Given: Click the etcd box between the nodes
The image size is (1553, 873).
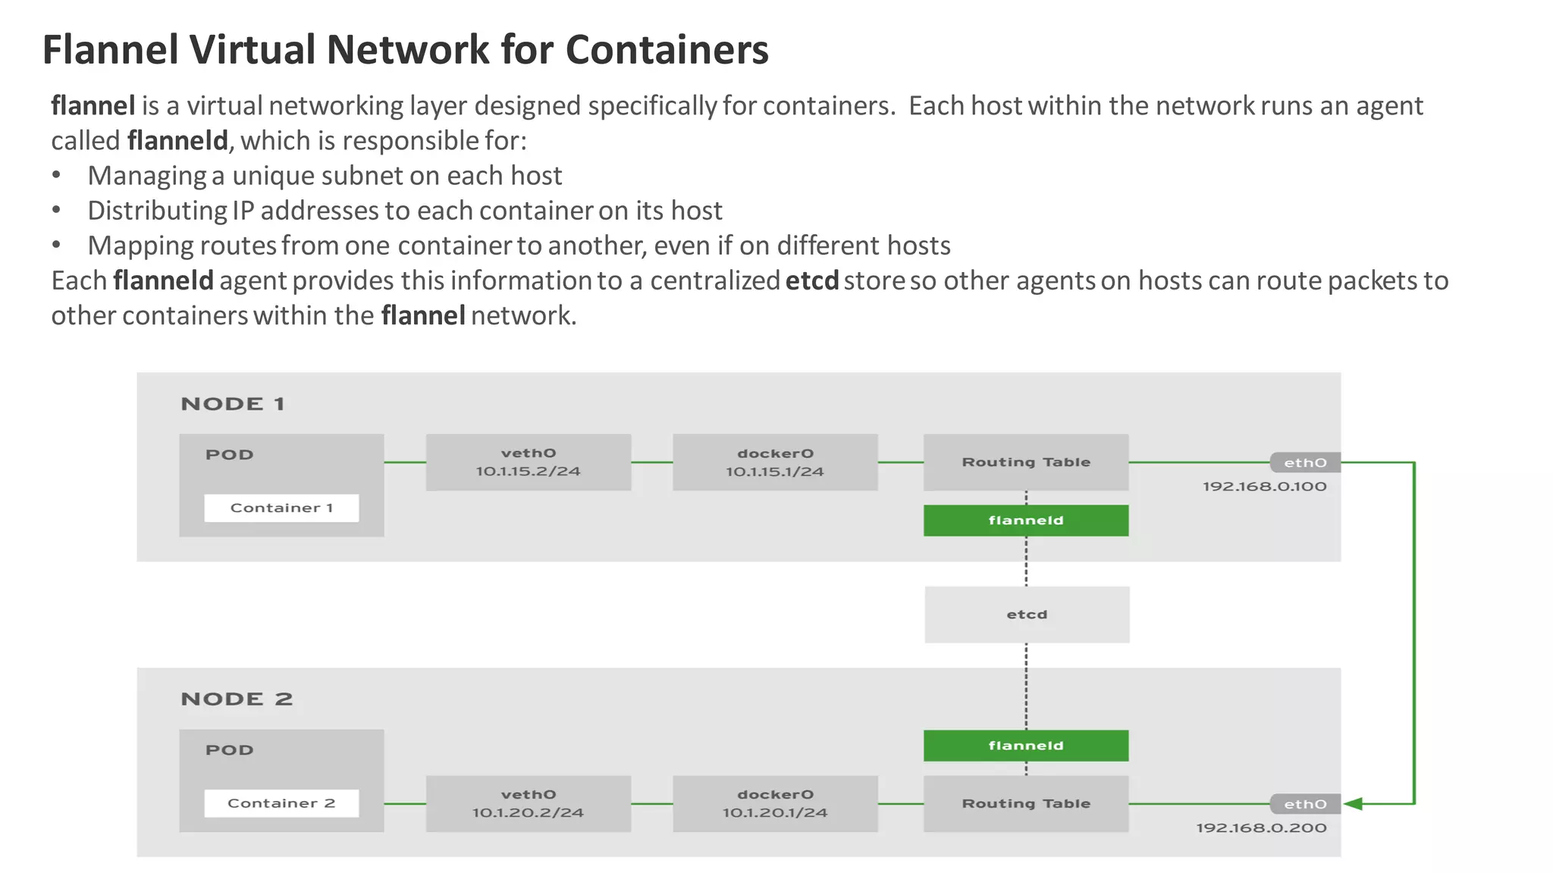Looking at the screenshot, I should click(1027, 615).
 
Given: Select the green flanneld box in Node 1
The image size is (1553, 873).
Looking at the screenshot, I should click(1026, 521).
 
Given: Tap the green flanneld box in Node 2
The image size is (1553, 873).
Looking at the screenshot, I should click(1026, 746).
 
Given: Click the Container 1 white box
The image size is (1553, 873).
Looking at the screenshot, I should click(281, 508).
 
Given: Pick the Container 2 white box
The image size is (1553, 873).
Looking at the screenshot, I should click(281, 803).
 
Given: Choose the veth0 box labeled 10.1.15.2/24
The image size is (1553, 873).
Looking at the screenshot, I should click(529, 462).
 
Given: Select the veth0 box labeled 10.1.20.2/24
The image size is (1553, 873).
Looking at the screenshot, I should click(529, 803).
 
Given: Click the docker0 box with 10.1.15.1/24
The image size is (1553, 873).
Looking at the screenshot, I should click(775, 462).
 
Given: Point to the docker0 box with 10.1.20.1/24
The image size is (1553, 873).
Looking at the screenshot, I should click(775, 803).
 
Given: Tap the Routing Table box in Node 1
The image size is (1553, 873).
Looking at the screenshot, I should click(1026, 462).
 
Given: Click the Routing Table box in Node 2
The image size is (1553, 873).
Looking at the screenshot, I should click(1026, 803).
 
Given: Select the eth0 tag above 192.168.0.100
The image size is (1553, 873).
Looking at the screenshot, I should click(1305, 462).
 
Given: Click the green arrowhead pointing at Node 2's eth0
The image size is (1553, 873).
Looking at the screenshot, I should click(1354, 803).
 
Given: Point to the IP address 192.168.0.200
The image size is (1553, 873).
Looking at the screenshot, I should click(1261, 828).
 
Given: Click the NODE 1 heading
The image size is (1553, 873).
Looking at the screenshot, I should click(233, 404).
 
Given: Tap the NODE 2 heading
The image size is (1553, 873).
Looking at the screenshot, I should click(237, 699).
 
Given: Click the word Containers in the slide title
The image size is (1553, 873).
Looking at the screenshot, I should click(667, 50).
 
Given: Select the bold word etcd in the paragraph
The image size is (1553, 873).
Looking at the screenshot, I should click(811, 281).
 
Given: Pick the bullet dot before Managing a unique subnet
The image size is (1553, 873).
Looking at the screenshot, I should click(56, 176).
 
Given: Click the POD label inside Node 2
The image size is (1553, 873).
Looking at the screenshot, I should click(229, 750).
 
